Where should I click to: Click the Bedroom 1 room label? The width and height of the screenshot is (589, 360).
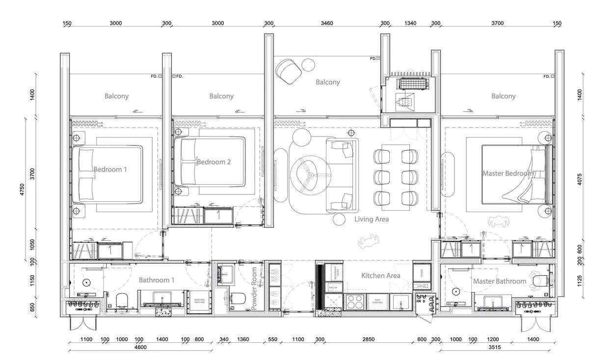click(x=110, y=169)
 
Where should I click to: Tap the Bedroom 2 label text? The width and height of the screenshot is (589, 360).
click(x=214, y=162)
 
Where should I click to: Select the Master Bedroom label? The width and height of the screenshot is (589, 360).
click(x=507, y=173)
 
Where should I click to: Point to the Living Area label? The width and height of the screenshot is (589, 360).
click(x=372, y=220)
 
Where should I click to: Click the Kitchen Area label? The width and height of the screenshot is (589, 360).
click(x=380, y=276)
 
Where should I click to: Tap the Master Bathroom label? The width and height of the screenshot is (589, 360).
click(x=500, y=281)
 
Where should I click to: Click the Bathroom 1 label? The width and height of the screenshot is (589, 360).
click(x=157, y=280)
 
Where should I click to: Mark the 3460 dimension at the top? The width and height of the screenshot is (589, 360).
click(x=326, y=23)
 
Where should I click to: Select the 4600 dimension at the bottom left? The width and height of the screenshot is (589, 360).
click(x=140, y=347)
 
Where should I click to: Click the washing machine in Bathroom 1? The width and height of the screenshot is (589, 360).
click(x=200, y=300)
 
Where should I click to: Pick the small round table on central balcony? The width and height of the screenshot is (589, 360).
click(x=309, y=64)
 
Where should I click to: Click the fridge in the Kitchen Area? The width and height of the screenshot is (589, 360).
click(x=421, y=273)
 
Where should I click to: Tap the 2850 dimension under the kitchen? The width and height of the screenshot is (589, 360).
click(x=368, y=339)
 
